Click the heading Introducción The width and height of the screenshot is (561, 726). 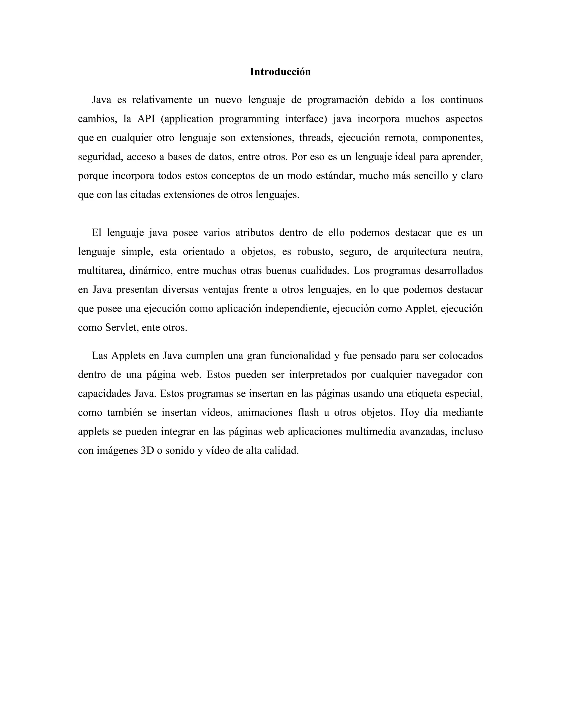[x=280, y=72]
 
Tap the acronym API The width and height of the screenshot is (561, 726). [x=146, y=119]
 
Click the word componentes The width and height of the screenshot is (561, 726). [x=452, y=138]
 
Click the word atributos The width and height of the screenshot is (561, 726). [x=254, y=233]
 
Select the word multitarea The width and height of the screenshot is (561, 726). [x=101, y=271]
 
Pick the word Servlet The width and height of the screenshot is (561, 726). [x=121, y=328]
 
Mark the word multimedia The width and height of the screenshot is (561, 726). [x=371, y=432]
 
